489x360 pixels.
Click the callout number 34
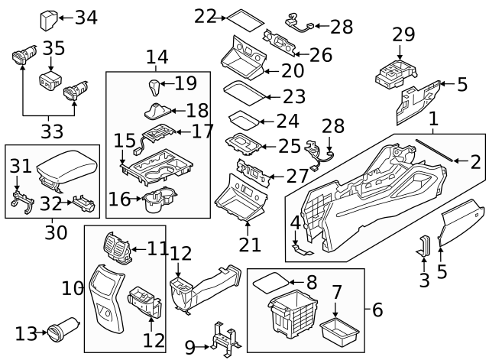[x=86, y=17]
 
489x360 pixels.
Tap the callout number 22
[x=205, y=15]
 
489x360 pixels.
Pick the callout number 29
[x=403, y=34]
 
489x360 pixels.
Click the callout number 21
[x=249, y=245]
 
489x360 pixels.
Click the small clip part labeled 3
[x=425, y=247]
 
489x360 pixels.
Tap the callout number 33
[x=52, y=131]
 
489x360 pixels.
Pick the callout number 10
[x=73, y=288]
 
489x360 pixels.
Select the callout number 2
[x=475, y=161]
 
